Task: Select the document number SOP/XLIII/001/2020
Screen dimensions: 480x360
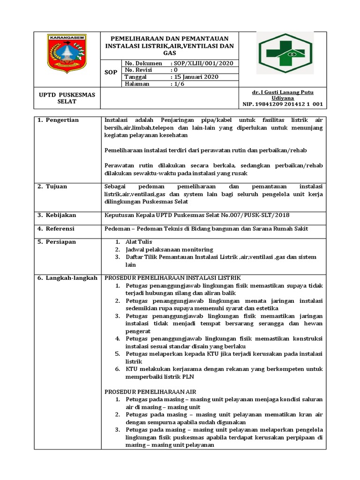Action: [202, 63]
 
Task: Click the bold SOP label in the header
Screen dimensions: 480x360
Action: [111, 73]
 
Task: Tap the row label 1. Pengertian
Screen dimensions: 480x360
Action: [58, 120]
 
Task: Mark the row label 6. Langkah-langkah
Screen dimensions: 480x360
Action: [67, 278]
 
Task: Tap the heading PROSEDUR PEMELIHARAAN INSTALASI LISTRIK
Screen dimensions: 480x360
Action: [172, 278]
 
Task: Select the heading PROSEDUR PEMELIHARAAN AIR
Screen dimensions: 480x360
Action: [150, 391]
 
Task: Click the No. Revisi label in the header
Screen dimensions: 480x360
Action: [140, 70]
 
